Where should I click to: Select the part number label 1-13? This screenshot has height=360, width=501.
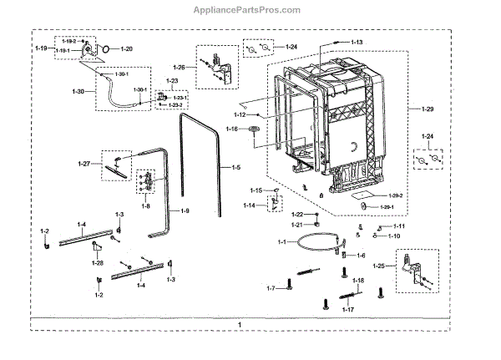point(356,42)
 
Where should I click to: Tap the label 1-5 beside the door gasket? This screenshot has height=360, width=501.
point(236,168)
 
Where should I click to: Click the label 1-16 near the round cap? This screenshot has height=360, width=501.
point(231,129)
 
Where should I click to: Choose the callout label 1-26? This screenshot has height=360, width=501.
point(180,67)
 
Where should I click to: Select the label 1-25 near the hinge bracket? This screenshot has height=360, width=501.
point(380,266)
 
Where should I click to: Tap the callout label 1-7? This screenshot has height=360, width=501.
point(271,288)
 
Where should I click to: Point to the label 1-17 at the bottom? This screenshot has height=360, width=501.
point(348,310)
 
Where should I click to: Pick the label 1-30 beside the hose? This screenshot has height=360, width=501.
point(79,91)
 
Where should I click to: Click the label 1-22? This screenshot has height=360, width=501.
point(297,215)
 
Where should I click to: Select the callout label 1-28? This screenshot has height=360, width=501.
point(98,263)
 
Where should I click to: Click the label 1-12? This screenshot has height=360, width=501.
point(240,114)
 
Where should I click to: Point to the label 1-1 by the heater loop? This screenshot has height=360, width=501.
point(281,242)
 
